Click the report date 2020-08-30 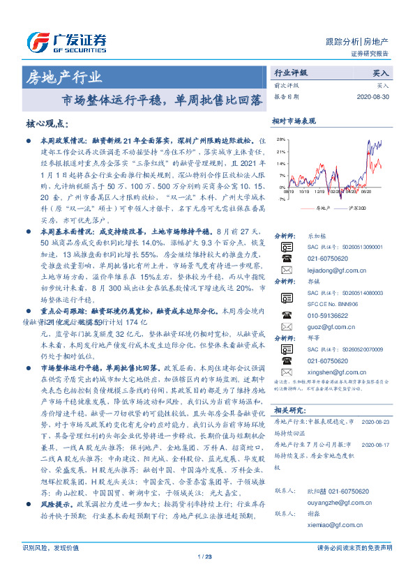pos(373,97)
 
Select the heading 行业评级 pos(290,73)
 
